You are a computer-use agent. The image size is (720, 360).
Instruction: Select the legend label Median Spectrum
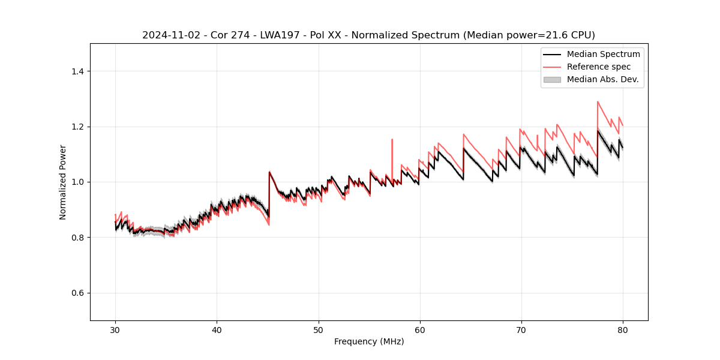[603, 54]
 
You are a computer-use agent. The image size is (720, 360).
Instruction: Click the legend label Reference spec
[598, 67]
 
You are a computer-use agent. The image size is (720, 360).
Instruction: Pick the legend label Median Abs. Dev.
[602, 79]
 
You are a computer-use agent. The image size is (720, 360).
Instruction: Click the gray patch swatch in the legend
[552, 79]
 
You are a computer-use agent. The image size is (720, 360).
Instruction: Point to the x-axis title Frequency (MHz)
[369, 342]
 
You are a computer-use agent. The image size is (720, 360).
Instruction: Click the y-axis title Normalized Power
[63, 182]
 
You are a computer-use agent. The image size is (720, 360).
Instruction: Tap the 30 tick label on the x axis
[115, 330]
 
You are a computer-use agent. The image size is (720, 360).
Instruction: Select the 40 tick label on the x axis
[217, 330]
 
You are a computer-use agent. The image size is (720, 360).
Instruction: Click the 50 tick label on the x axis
[318, 330]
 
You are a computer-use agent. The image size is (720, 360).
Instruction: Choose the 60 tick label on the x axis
[420, 330]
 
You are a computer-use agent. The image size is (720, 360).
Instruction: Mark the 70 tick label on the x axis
[521, 330]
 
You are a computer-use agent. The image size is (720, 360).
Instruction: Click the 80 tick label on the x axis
[623, 330]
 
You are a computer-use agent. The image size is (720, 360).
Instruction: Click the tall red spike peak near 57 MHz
[392, 140]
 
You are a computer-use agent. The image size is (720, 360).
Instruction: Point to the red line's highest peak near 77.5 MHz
[598, 101]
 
